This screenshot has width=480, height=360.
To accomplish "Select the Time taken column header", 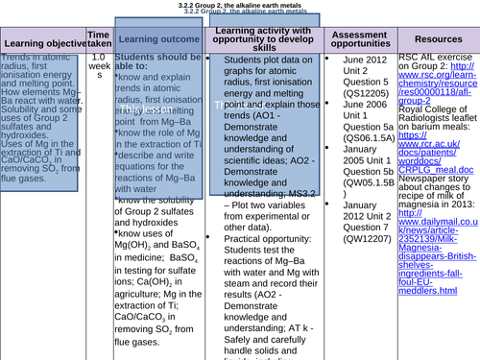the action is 98,38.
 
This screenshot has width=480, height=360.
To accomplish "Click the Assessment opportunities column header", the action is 357,38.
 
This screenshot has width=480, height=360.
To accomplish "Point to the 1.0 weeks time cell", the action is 98,67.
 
